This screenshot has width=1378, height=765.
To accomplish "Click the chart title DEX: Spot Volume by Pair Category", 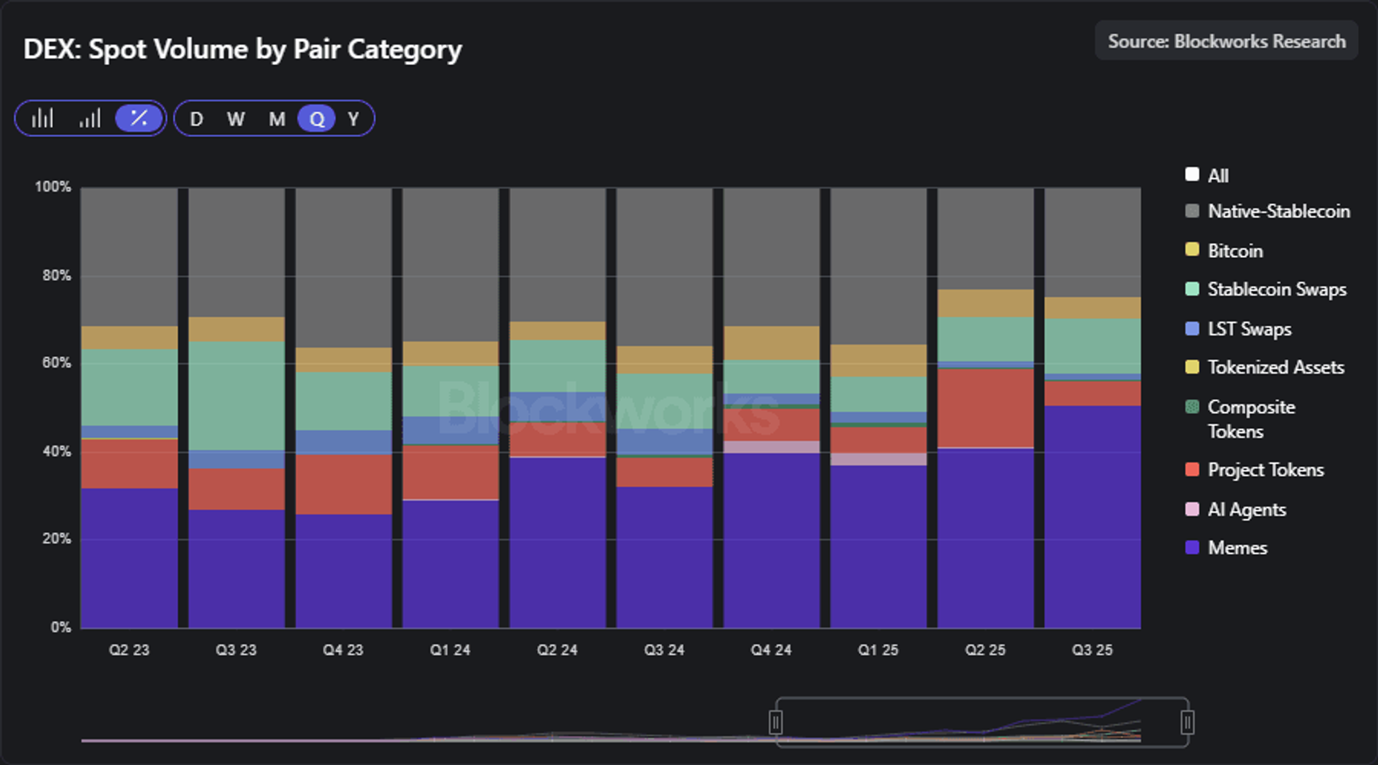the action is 243,50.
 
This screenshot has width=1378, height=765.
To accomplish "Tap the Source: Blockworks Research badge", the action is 1226,41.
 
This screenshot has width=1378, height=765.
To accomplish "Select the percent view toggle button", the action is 138,118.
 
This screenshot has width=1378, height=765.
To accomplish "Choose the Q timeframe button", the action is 317,119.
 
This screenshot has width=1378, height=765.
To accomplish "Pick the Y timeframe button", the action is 353,119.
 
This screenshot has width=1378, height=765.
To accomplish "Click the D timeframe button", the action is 197,119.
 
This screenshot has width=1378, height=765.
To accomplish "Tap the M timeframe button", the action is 277,119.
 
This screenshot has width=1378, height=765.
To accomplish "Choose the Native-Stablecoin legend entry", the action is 1267,211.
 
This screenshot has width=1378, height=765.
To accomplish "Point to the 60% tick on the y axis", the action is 57,363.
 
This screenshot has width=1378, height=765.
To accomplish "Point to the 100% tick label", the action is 53,187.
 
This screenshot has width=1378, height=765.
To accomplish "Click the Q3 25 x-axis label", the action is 1092,650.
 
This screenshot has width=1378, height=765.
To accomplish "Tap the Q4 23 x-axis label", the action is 343,650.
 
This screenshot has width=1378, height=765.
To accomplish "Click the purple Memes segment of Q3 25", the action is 1092,517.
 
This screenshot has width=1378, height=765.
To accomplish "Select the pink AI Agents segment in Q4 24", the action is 771,447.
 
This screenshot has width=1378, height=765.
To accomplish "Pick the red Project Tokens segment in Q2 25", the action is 986,408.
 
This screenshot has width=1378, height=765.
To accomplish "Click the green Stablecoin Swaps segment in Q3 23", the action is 237,396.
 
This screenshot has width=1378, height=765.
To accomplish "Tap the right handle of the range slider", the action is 1188,723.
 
